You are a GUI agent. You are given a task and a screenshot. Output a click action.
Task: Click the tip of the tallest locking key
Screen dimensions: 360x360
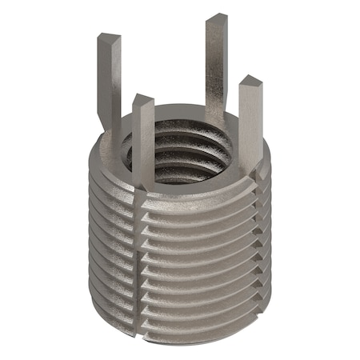(216, 19)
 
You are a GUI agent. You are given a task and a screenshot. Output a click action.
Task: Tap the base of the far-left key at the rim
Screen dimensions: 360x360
(112, 120)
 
